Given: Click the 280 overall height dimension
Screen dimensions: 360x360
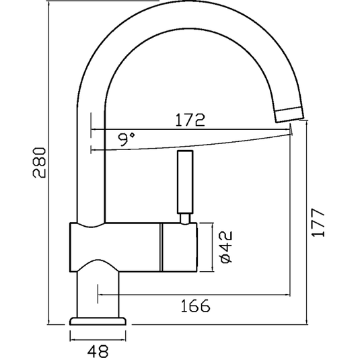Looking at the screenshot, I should tap(40, 162).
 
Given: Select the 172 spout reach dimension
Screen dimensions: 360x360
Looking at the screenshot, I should tap(189, 120).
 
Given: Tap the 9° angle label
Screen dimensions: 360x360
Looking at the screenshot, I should tap(126, 139).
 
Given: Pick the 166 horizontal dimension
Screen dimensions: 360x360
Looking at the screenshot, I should tap(195, 306).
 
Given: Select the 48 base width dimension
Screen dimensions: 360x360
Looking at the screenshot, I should tap(98, 350).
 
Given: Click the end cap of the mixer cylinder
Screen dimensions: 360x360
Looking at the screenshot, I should tap(178, 248).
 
